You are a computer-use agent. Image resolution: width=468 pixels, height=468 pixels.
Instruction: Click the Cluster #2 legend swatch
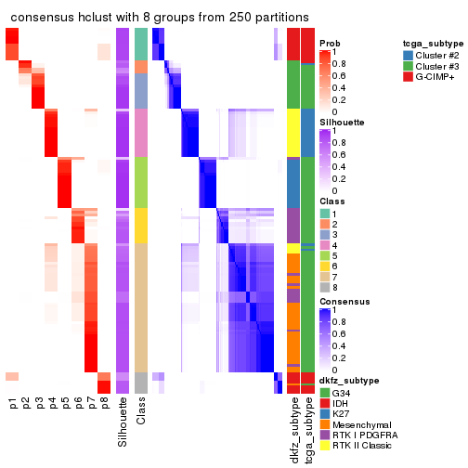pyautogui.click(x=408, y=55)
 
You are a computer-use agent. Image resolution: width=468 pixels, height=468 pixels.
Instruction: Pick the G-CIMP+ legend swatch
pyautogui.click(x=408, y=79)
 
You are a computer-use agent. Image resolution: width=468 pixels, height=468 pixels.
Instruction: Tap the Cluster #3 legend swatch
pyautogui.click(x=408, y=67)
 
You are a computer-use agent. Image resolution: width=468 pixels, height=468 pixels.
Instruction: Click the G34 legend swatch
pyautogui.click(x=324, y=393)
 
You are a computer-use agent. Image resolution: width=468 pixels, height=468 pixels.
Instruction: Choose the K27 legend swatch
pyautogui.click(x=324, y=417)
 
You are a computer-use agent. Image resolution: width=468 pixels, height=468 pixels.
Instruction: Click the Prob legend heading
pyautogui.click(x=329, y=43)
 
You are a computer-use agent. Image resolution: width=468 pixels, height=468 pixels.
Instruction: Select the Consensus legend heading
pyautogui.click(x=340, y=302)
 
